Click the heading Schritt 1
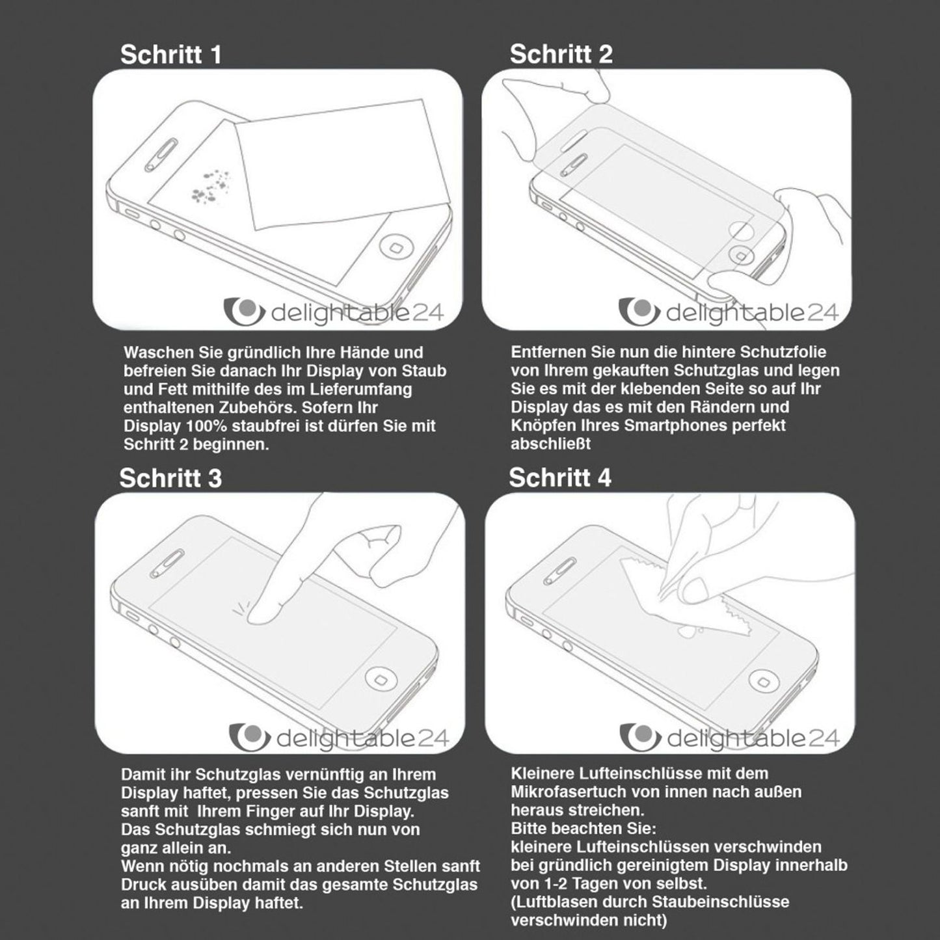(x=171, y=55)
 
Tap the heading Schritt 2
(x=561, y=55)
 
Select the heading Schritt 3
(x=170, y=478)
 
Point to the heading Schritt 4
(x=559, y=478)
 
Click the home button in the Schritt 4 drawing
(x=762, y=681)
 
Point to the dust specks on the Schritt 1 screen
(x=210, y=184)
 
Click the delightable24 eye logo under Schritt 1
(x=243, y=312)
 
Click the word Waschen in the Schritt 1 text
(x=158, y=353)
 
